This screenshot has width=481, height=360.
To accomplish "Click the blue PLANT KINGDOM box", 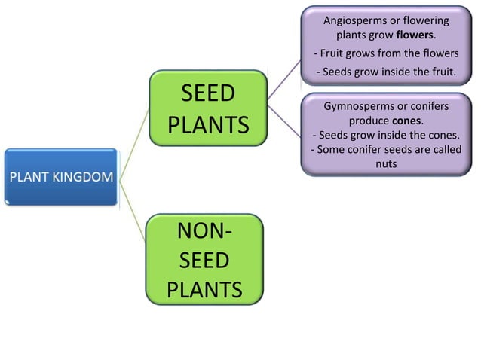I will tap(60, 178).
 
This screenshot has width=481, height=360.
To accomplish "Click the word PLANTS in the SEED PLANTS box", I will tap(208, 124).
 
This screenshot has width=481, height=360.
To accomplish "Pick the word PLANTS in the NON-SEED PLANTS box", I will tap(204, 289).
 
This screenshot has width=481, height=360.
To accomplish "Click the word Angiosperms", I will tap(352, 20).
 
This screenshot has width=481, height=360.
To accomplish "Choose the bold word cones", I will tap(407, 121).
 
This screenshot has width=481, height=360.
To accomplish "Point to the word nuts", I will tap(385, 163).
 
